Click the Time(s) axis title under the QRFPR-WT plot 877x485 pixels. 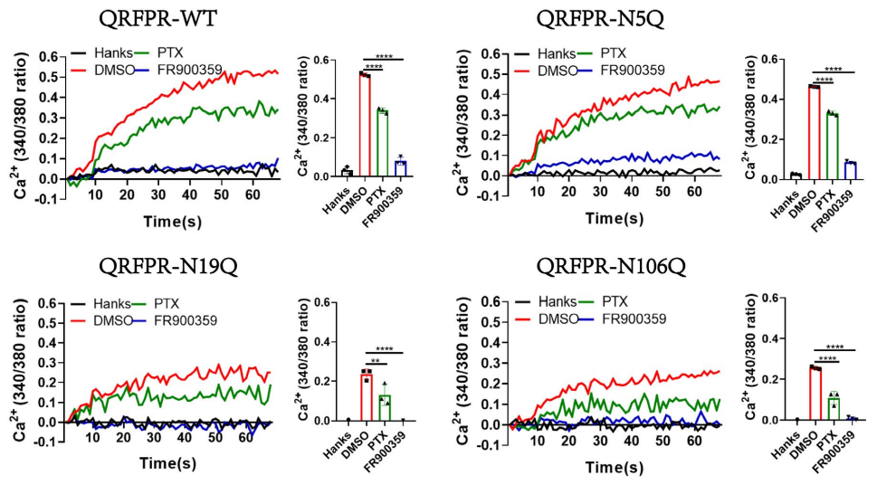(174, 222)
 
